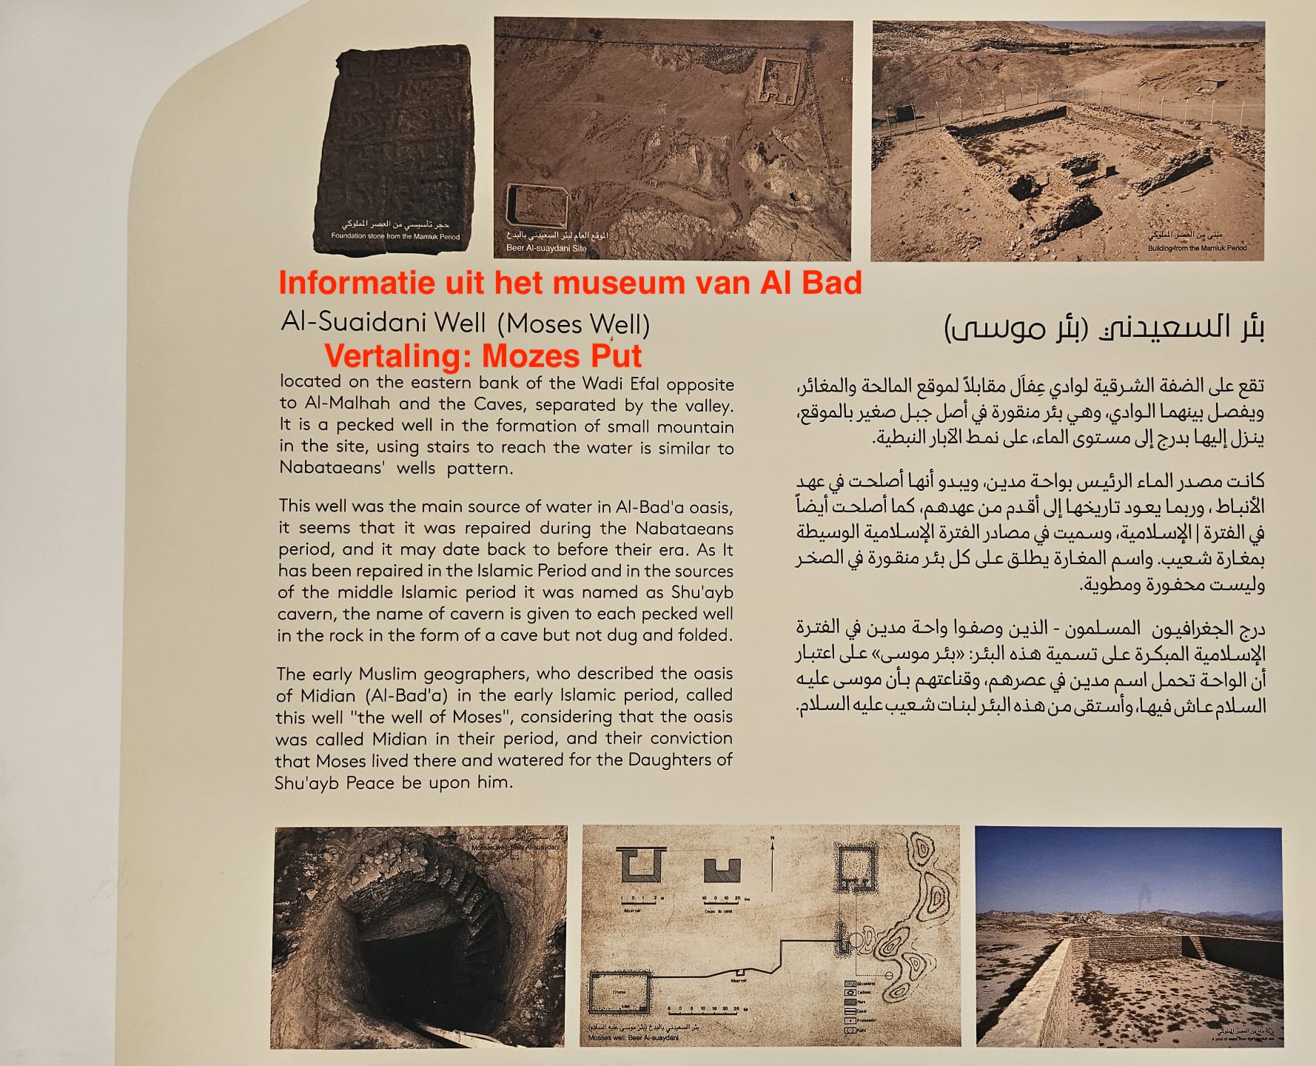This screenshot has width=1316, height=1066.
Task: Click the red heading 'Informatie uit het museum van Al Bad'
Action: click(570, 284)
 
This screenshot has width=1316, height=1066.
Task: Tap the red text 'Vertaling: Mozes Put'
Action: click(483, 356)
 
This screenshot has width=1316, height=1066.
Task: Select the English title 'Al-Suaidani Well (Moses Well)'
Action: click(465, 324)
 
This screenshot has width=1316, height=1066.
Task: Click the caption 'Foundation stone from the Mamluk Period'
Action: click(395, 237)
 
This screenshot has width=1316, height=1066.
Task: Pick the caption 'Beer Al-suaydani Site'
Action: click(546, 249)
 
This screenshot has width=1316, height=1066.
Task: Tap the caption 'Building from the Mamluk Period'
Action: click(1197, 249)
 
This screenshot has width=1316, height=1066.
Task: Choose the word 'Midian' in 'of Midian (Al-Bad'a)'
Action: click(328, 696)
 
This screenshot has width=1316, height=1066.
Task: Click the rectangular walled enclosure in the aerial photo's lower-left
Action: click(535, 207)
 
